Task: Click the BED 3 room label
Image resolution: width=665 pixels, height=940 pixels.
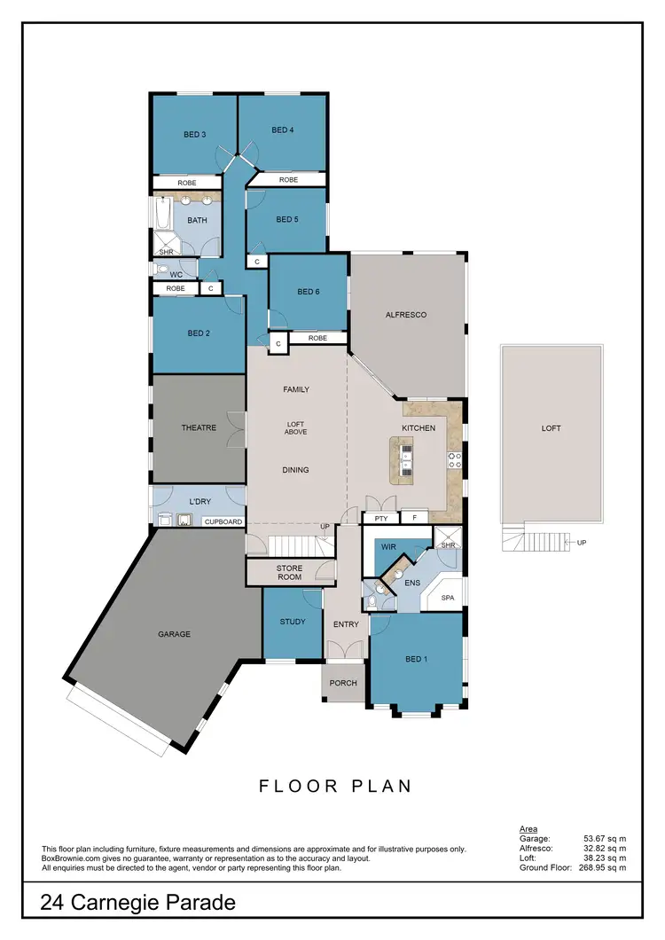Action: click(194, 135)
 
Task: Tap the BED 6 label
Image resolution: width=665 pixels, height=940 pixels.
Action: click(309, 292)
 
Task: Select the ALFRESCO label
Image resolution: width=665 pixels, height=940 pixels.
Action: click(406, 315)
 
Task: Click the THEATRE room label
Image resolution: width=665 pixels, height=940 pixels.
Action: click(199, 427)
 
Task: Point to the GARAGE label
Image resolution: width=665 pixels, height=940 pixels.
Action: click(176, 634)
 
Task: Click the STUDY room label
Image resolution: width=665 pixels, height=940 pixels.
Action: click(293, 622)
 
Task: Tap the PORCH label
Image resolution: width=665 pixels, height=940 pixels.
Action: click(342, 683)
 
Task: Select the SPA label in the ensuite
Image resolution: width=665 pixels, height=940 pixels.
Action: click(448, 599)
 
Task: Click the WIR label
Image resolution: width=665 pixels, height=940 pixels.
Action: click(388, 548)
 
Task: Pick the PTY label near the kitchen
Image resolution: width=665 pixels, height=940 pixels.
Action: click(381, 517)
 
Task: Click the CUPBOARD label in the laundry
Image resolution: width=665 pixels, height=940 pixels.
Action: click(223, 522)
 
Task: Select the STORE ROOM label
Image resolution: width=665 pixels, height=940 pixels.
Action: click(290, 572)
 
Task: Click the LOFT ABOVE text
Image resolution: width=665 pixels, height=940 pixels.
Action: click(295, 429)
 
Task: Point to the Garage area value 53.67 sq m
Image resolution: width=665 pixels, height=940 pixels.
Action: click(605, 838)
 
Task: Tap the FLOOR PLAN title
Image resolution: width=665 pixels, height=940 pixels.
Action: click(335, 786)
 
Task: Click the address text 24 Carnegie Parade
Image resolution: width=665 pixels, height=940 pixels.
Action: click(138, 903)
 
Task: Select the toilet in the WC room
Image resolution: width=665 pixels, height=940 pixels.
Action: click(162, 268)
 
